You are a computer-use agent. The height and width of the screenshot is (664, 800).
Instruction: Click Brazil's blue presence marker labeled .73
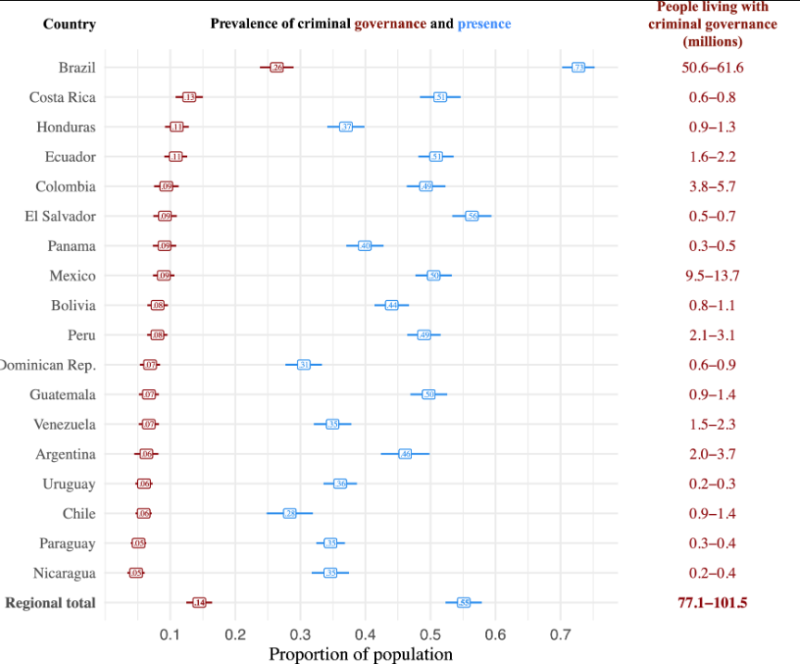578,68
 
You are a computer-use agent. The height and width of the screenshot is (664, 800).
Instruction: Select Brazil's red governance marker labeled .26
276,68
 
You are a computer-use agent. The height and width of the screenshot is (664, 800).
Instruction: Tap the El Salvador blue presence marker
472,216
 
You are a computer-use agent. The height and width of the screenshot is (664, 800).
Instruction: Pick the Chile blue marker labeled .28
290,513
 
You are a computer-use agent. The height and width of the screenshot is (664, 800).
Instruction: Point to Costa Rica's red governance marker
189,97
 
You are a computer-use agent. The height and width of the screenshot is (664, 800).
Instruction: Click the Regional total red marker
198,603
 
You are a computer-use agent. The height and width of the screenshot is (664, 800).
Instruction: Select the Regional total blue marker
464,603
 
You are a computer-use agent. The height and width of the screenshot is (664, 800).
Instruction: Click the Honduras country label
66,127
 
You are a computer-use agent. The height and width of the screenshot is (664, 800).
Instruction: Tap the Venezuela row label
64,424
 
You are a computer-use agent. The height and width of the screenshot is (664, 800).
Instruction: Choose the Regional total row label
50,603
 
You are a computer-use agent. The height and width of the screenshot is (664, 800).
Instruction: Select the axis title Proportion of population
360,654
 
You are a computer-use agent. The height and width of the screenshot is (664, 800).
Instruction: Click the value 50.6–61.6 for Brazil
712,68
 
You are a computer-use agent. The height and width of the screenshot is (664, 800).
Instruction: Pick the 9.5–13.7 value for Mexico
712,276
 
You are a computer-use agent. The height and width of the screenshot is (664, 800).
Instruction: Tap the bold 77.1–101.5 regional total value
712,603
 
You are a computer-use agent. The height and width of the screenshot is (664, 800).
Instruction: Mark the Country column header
69,23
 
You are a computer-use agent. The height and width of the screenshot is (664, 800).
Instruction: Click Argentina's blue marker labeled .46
405,454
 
